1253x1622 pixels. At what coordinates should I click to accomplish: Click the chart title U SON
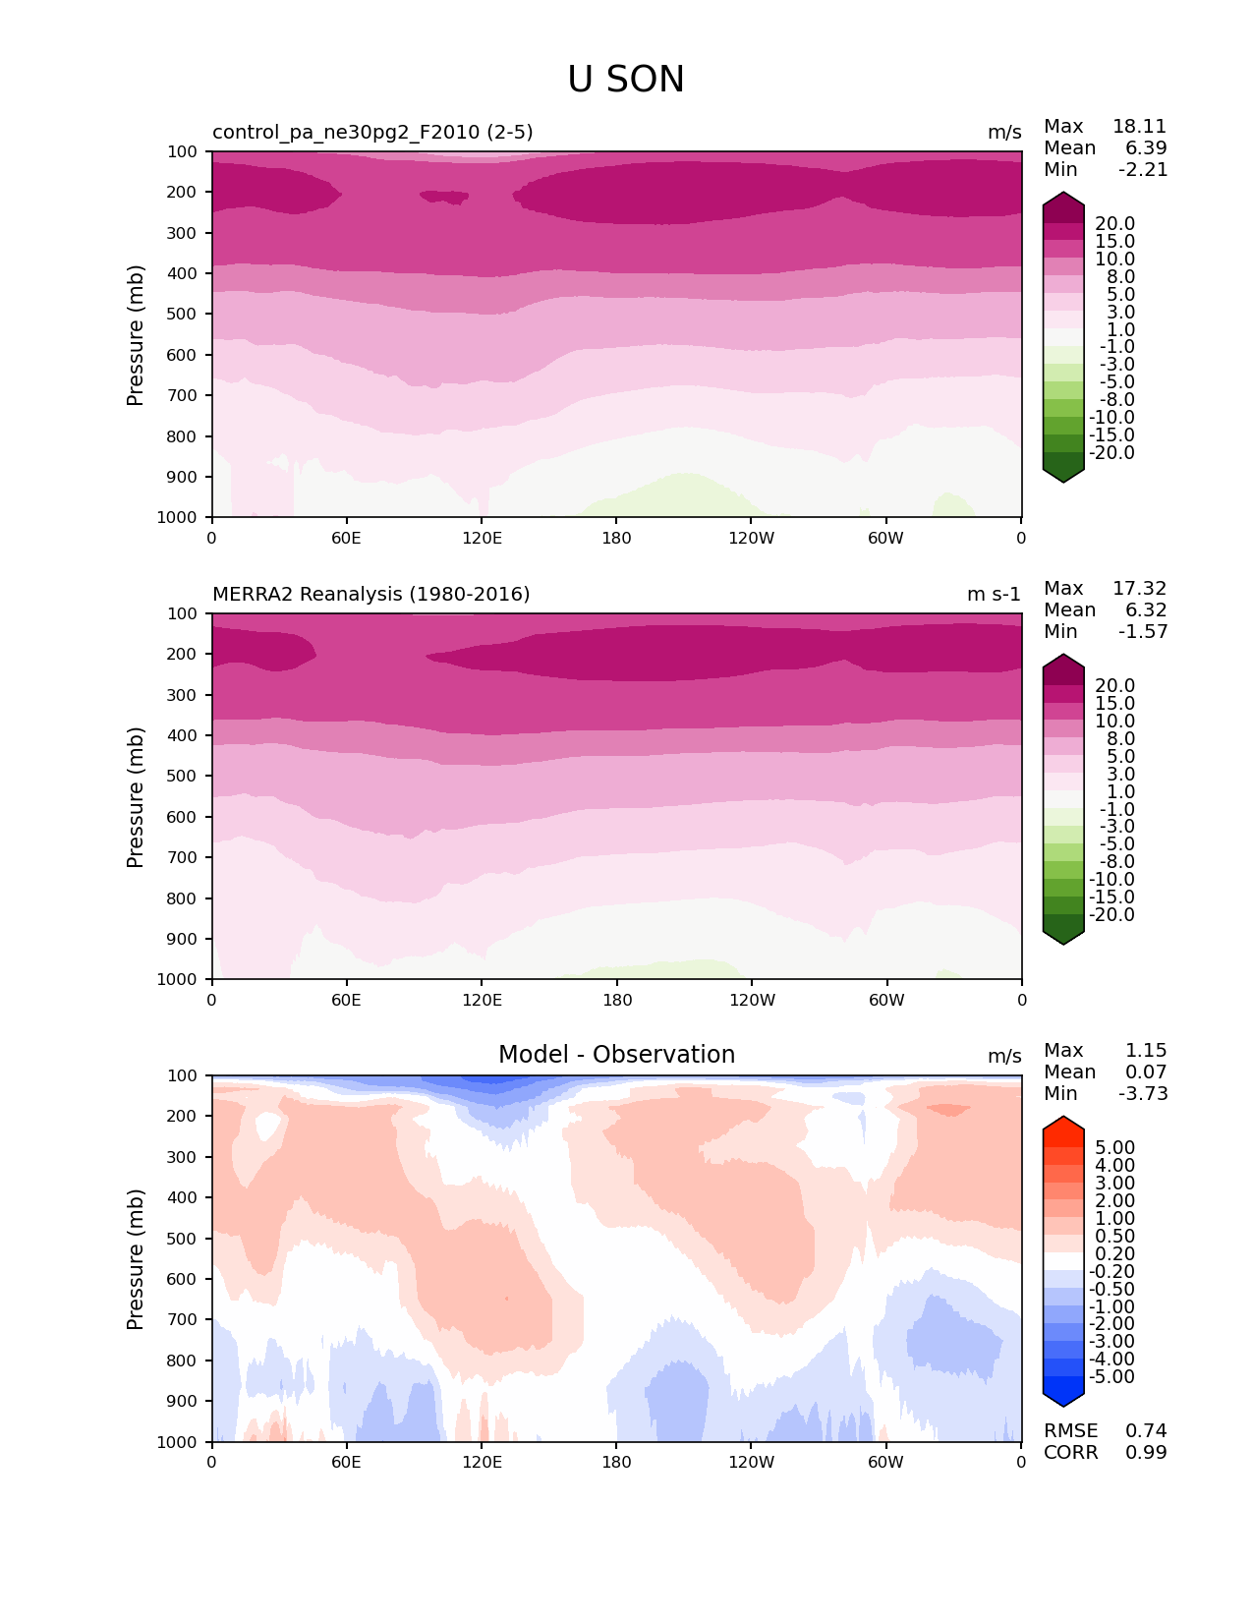pyautogui.click(x=626, y=80)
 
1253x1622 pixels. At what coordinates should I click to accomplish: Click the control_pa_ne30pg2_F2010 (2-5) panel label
pyautogui.click(x=372, y=133)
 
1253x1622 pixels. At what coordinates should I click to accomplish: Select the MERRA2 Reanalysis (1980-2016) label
pyautogui.click(x=370, y=595)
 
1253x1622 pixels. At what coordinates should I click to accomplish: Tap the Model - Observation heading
pyautogui.click(x=616, y=1055)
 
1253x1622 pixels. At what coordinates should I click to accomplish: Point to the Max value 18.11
pyautogui.click(x=1139, y=127)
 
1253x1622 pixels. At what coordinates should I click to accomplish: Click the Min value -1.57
pyautogui.click(x=1143, y=632)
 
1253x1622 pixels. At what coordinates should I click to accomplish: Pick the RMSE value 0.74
pyautogui.click(x=1146, y=1431)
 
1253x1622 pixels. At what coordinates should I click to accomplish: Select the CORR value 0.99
pyautogui.click(x=1146, y=1453)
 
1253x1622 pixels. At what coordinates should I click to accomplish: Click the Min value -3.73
pyautogui.click(x=1143, y=1094)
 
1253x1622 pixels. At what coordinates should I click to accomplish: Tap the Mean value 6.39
pyautogui.click(x=1146, y=148)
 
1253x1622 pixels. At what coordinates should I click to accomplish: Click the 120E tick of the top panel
pyautogui.click(x=482, y=539)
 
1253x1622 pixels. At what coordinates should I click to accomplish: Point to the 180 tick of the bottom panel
pyautogui.click(x=616, y=1463)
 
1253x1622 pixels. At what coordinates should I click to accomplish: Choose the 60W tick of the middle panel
pyautogui.click(x=886, y=1001)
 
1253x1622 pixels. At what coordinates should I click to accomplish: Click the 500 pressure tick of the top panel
pyautogui.click(x=183, y=315)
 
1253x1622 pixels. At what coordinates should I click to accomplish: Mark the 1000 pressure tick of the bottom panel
pyautogui.click(x=179, y=1442)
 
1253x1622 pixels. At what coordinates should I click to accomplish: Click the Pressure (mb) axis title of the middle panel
pyautogui.click(x=136, y=797)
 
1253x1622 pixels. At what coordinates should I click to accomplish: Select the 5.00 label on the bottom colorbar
pyautogui.click(x=1114, y=1148)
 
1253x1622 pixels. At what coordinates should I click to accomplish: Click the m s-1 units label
pyautogui.click(x=994, y=595)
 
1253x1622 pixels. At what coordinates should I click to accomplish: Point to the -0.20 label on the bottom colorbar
pyautogui.click(x=1112, y=1272)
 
